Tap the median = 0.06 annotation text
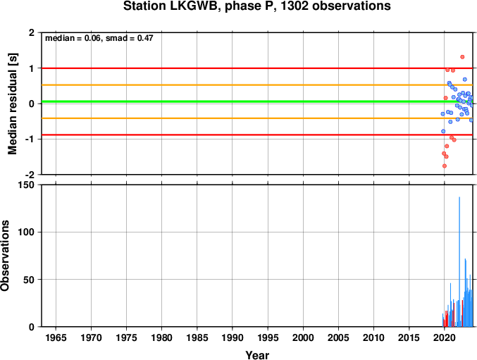73,38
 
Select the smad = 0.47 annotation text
129,38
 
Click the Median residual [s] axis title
12,104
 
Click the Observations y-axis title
4,256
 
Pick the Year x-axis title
257,355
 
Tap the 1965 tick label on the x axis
56,337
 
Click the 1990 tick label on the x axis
233,337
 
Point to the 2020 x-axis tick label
444,337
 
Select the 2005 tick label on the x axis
338,337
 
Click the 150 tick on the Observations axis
27,185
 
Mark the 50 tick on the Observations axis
29,280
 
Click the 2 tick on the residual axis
32,32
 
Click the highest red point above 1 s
462,57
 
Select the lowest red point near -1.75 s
445,166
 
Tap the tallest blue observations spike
459,261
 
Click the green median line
257,101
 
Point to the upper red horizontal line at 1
257,68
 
